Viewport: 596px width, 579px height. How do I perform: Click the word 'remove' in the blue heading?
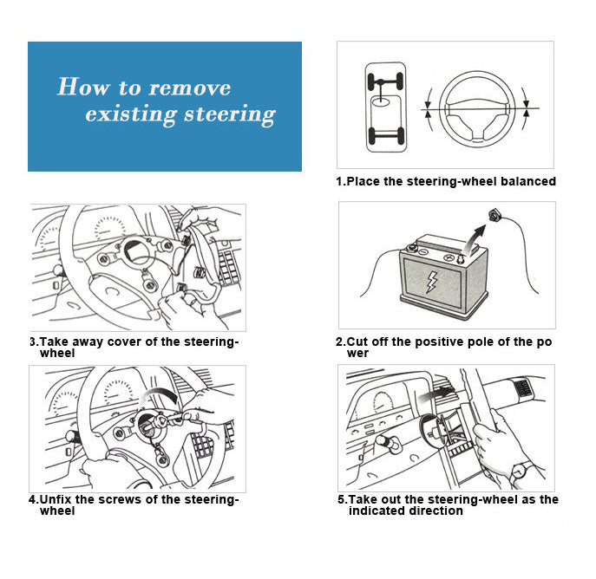[190, 88]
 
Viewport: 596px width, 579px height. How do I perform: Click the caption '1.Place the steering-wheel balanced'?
[446, 182]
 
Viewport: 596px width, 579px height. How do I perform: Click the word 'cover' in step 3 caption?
[122, 342]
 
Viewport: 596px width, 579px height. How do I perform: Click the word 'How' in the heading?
[80, 88]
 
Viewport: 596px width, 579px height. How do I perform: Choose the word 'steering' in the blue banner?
[230, 114]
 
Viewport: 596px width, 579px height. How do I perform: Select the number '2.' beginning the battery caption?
[341, 342]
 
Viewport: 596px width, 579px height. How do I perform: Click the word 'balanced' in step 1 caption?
[524, 182]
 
